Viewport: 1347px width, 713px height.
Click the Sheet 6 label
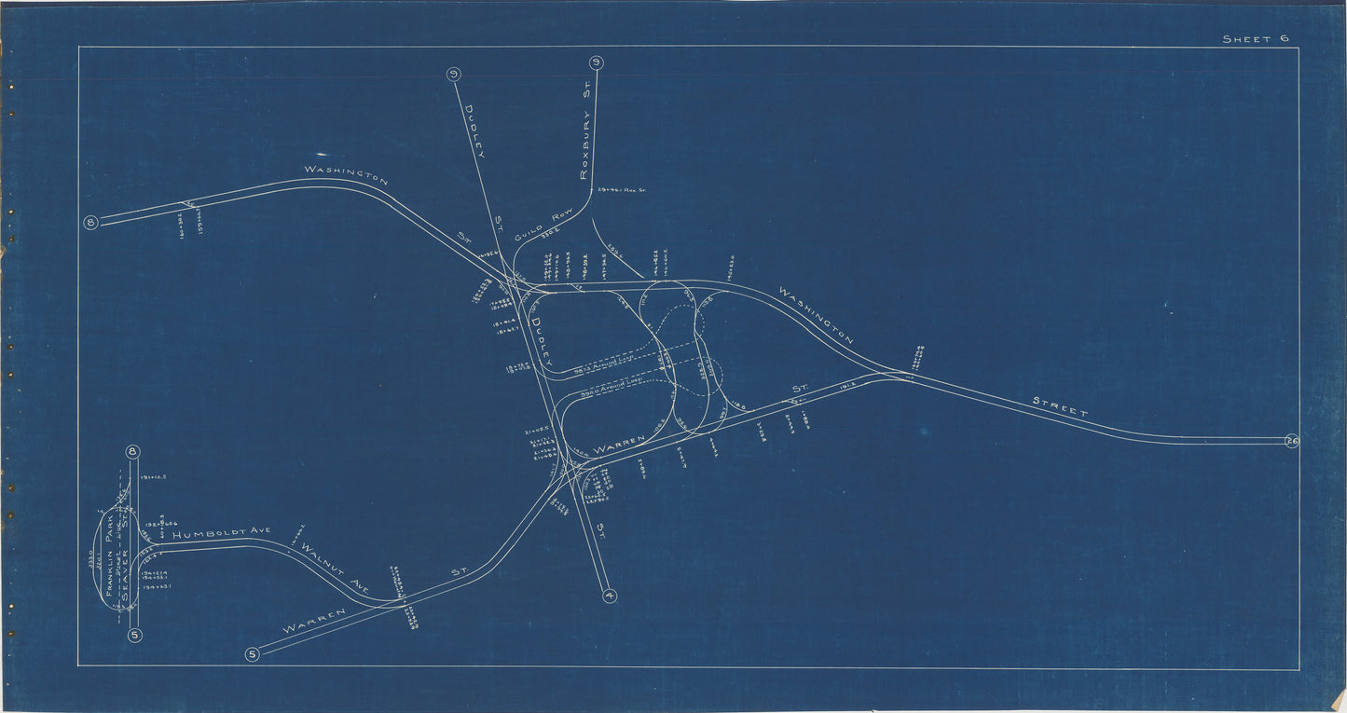(1256, 38)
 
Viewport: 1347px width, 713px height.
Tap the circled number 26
(1291, 441)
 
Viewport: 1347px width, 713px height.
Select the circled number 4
(610, 596)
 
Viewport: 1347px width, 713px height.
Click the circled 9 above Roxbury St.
(597, 63)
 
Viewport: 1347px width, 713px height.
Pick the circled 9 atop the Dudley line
(453, 75)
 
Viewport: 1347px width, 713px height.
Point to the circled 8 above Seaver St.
(133, 453)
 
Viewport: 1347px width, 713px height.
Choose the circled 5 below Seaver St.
(135, 636)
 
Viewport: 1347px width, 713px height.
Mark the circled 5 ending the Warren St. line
(252, 654)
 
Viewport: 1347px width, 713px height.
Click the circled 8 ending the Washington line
(90, 223)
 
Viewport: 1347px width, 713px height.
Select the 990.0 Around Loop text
(615, 393)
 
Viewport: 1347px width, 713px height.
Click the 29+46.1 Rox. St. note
(623, 190)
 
